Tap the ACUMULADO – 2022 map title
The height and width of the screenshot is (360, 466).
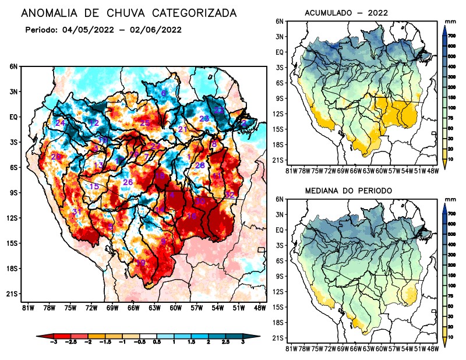coord(346,13)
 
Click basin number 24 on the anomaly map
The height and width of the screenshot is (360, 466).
coord(60,123)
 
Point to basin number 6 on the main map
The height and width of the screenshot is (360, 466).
coord(164,93)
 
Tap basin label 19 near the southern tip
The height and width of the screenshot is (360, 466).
coord(140,263)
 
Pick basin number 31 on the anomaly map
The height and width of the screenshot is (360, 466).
coord(76,211)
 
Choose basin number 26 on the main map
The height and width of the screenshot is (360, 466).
coord(128,182)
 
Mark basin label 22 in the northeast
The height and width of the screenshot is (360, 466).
coord(219,110)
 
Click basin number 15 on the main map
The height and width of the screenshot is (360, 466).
coord(94,186)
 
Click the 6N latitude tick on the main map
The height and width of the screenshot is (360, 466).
coord(13,66)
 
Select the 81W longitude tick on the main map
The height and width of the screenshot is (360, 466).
coord(26,308)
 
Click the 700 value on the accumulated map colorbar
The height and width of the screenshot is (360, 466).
coord(451,36)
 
